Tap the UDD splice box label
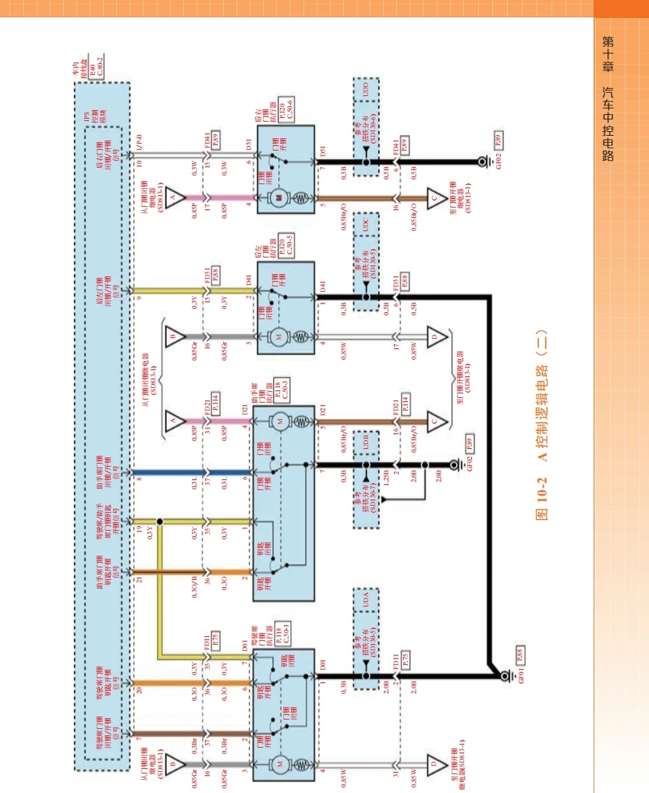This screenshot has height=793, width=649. point(365,87)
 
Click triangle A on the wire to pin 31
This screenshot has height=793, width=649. point(173,422)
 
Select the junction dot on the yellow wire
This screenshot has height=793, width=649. point(159,521)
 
